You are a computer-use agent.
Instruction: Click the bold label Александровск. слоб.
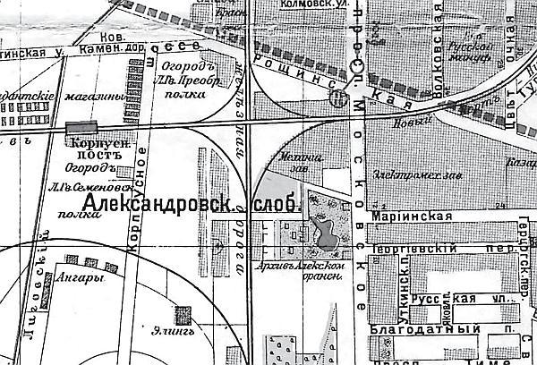[190, 205]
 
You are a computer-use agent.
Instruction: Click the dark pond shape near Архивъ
[327, 235]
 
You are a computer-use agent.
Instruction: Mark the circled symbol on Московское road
[336, 99]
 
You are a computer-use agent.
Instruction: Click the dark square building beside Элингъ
[184, 315]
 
